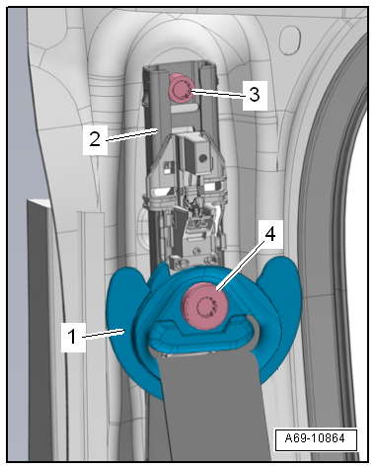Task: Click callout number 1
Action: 73,337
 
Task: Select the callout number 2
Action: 95,139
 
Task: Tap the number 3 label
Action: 255,94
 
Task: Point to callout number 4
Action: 270,235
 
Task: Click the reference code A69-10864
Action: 315,438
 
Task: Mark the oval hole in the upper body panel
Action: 290,39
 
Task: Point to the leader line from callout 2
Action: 131,135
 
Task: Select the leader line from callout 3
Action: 218,93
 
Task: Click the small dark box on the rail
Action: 197,155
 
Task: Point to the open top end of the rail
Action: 181,65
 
